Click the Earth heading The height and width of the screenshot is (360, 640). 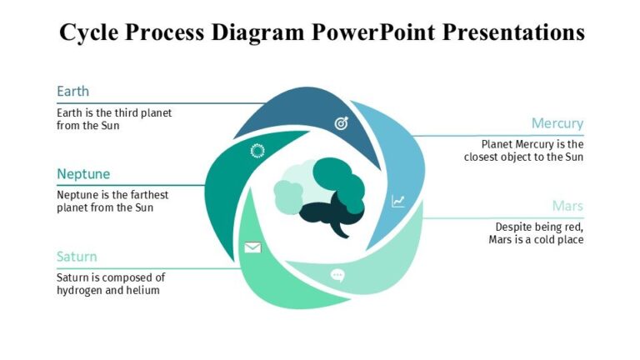coord(72,92)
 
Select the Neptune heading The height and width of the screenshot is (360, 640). coord(82,174)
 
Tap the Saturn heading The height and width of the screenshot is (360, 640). coord(77,257)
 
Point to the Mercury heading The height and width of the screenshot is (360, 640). coord(557,123)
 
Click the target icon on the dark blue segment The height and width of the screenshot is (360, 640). coord(341,123)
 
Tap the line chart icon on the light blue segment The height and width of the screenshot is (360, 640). coord(398,201)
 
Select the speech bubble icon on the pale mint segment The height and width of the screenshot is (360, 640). coord(337,275)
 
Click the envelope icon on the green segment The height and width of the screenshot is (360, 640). coord(252,247)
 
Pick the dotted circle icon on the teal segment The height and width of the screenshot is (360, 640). coord(257,150)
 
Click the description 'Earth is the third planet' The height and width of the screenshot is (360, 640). coord(114,112)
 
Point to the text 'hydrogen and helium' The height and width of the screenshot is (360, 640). coord(107,291)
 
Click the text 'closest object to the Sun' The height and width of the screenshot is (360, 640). coord(523,157)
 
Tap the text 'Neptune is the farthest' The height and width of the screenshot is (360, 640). coord(112,195)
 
